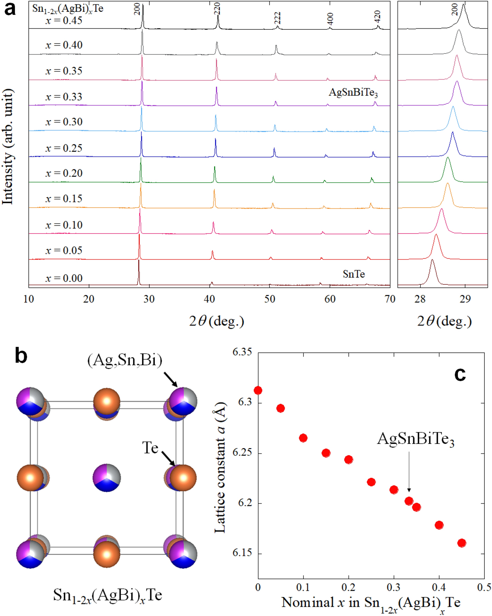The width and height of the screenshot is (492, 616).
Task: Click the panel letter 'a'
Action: tap(10, 9)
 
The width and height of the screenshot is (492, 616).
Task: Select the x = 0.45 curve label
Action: tap(64, 20)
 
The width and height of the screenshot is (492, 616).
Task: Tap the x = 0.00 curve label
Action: tap(64, 278)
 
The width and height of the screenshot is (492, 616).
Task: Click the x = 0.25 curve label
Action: tap(64, 148)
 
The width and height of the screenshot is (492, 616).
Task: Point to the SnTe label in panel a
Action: tap(353, 274)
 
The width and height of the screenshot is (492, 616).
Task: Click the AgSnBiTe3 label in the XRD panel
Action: tap(353, 93)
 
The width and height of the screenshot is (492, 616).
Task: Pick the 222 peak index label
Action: tap(277, 18)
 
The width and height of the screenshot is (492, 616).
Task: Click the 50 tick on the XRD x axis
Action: tap(269, 299)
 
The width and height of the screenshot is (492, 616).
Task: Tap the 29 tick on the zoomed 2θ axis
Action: tap(465, 299)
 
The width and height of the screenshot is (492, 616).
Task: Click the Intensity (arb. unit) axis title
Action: tap(8, 146)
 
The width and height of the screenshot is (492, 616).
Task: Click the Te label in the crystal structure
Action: tap(150, 448)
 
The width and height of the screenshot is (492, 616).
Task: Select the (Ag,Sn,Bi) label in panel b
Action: tap(124, 360)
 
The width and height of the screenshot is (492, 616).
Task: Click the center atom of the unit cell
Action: tap(107, 477)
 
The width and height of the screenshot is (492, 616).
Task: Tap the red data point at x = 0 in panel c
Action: tap(258, 390)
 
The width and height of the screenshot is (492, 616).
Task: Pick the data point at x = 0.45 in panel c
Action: tap(462, 543)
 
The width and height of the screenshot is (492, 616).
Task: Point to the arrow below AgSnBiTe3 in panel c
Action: tap(409, 472)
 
